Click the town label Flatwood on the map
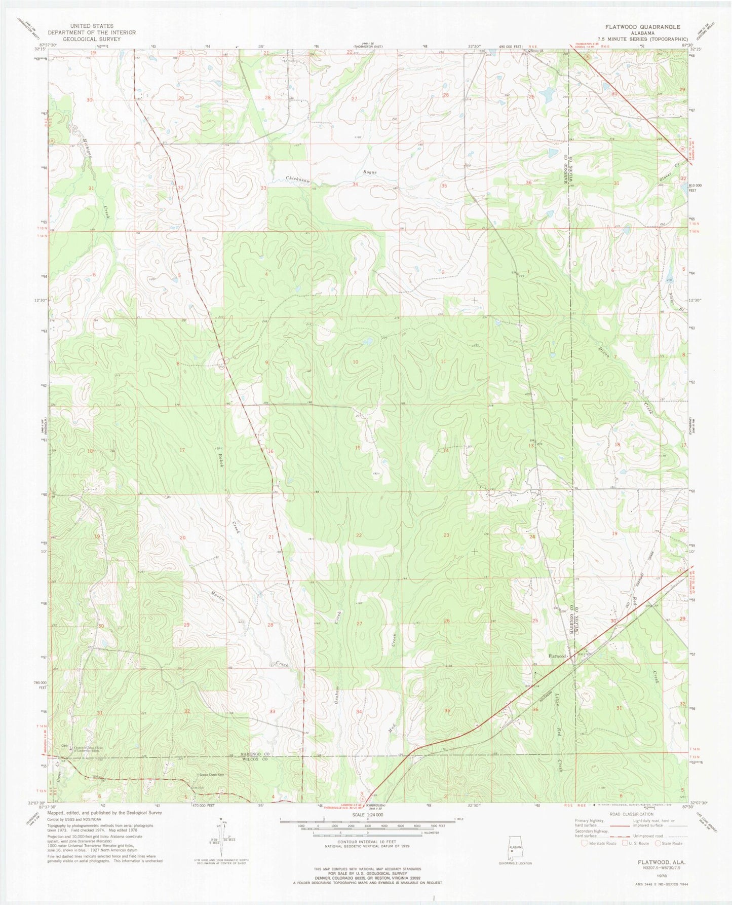point(557,656)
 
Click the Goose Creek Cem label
point(210,775)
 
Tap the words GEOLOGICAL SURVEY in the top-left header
point(92,39)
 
